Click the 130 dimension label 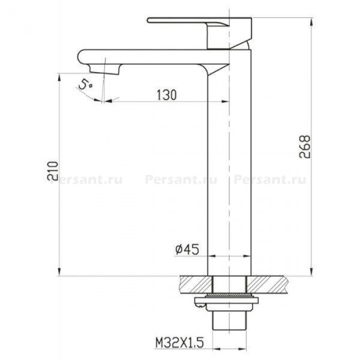click(x=167, y=95)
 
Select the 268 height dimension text click(x=304, y=147)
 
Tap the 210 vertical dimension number click(x=52, y=171)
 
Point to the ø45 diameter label click(x=187, y=249)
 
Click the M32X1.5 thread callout click(x=179, y=343)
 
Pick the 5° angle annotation click(x=85, y=85)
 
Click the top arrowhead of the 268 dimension click(x=312, y=22)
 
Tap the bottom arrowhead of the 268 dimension click(x=312, y=271)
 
